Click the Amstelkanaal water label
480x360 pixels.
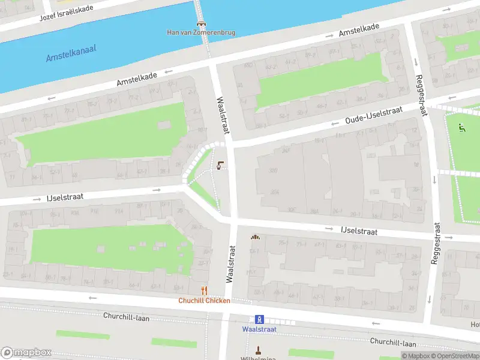tap(71, 53)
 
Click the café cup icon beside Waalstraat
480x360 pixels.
tap(221, 166)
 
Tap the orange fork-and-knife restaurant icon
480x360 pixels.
tap(204, 290)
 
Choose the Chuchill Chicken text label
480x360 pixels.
tap(204, 301)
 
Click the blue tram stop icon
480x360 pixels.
tap(259, 319)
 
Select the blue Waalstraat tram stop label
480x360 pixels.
tap(259, 329)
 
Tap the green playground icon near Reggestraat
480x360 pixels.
tap(461, 127)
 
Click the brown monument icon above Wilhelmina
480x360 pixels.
tap(259, 350)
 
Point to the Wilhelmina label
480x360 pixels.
tap(259, 358)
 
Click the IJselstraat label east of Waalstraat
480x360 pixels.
tap(359, 231)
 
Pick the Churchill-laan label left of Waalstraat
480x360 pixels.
tap(127, 316)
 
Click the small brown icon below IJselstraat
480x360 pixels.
tap(255, 237)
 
